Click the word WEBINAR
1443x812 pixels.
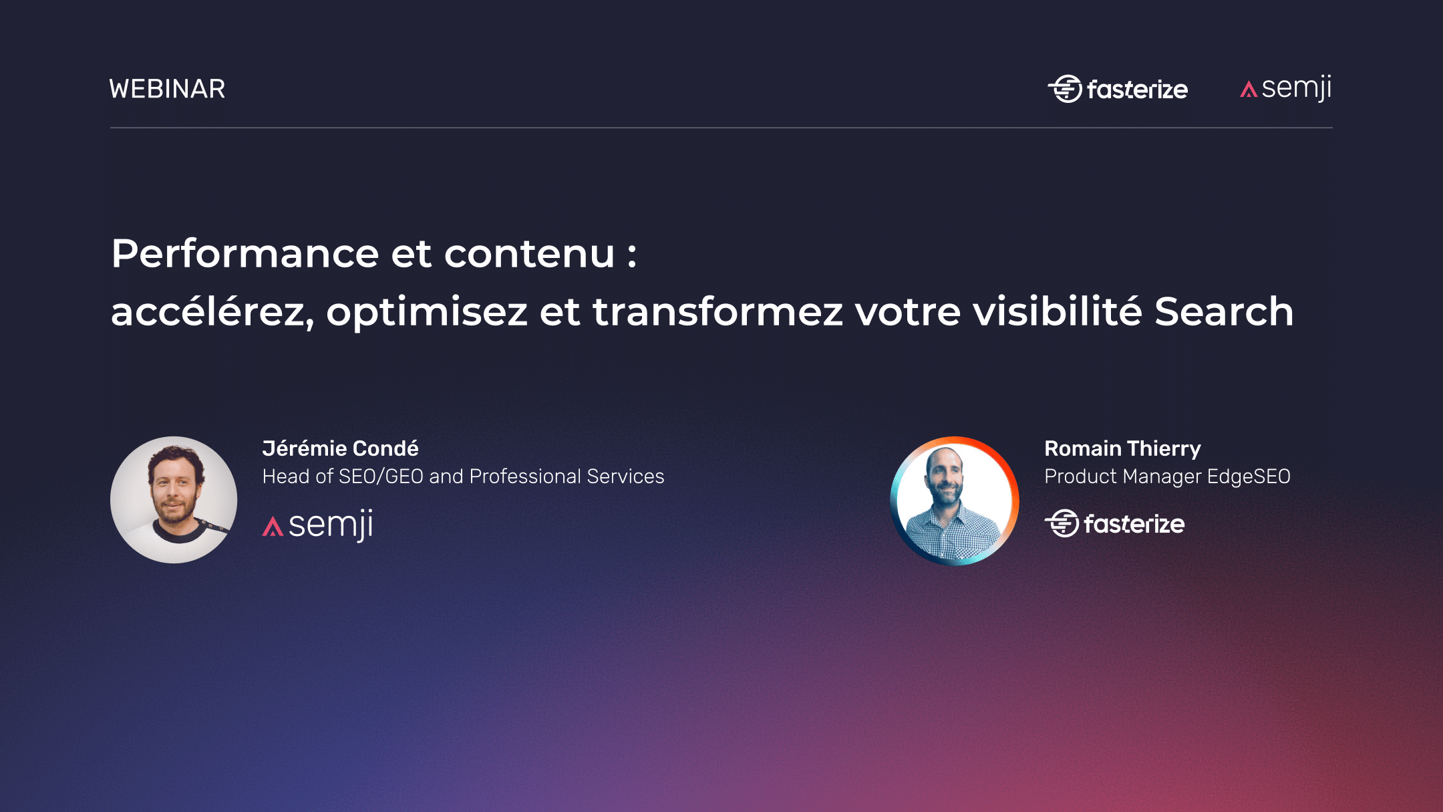point(167,89)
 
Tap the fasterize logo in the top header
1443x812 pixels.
point(1118,89)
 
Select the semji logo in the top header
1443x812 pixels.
point(1286,88)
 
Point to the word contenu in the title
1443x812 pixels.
point(529,254)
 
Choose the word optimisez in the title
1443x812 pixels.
point(427,312)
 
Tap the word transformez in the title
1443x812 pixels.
point(717,312)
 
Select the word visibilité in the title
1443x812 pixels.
point(1058,312)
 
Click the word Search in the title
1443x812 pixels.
point(1224,312)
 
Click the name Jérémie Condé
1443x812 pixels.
point(340,448)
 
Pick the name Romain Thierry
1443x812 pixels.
point(1122,448)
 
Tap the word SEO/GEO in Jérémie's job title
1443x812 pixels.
point(381,477)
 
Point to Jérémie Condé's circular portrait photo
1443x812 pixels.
point(174,500)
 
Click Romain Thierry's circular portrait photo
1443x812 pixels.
point(955,501)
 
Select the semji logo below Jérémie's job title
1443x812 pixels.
point(318,525)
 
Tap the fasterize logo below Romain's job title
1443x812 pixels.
point(1114,524)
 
